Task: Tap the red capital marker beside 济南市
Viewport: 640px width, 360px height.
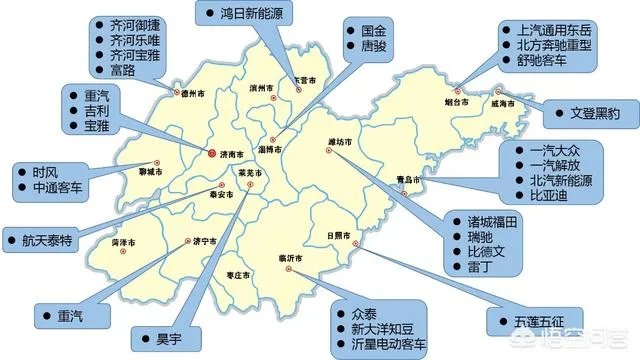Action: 211,154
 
